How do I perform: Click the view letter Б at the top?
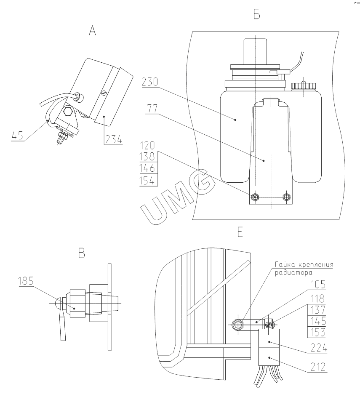pos(256,14)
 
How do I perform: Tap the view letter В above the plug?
pos(82,253)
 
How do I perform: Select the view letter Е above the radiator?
pos(240,232)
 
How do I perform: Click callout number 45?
pos(17,136)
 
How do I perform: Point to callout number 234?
pos(114,139)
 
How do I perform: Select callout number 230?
pos(149,82)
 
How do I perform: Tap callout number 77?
pos(152,109)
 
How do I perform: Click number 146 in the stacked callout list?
pos(147,168)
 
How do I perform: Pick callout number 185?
pos(26,281)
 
